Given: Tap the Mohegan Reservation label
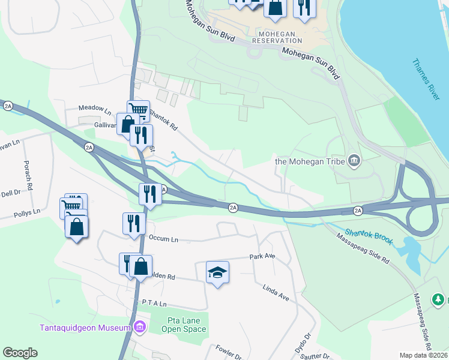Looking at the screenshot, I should (277, 36).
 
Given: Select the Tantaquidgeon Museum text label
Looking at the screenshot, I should (85, 328).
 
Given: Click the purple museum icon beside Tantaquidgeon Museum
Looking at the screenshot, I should (140, 327).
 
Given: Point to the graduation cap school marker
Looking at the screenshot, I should (217, 273).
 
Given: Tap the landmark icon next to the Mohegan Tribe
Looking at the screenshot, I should (354, 160).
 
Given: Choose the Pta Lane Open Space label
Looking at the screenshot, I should (186, 325).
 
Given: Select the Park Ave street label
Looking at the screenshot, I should (262, 257).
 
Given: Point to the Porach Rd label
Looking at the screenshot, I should (26, 172).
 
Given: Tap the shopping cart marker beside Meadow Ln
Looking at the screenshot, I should (138, 110).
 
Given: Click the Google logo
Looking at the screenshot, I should (20, 353).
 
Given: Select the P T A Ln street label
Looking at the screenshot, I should (154, 305).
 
